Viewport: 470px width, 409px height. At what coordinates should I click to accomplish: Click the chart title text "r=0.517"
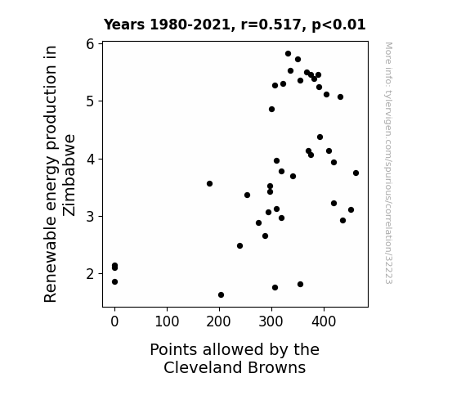click(x=271, y=25)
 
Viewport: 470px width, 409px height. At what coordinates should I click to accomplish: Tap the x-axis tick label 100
click(x=167, y=321)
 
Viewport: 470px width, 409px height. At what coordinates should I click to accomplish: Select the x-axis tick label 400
click(x=324, y=321)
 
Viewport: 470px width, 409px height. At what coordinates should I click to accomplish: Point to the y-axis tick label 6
click(x=90, y=44)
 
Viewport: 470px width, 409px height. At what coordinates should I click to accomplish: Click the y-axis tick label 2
click(x=90, y=274)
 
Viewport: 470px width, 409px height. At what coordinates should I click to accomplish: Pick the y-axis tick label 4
click(x=90, y=159)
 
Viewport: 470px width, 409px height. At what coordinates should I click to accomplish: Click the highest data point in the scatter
click(x=288, y=54)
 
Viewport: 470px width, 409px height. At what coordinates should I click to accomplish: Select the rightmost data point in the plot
click(x=356, y=173)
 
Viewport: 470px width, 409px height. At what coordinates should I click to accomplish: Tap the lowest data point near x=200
click(x=221, y=295)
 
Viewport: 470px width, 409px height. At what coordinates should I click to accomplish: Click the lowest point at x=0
click(x=114, y=281)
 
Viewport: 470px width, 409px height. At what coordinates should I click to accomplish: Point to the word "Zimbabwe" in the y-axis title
click(x=69, y=175)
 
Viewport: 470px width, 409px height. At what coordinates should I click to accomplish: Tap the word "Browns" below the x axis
click(x=277, y=367)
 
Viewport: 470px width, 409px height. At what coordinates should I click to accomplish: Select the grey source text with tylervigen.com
click(x=388, y=163)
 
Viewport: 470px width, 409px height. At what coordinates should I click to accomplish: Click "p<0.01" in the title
click(x=338, y=25)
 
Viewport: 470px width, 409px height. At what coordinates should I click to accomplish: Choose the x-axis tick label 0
click(x=114, y=321)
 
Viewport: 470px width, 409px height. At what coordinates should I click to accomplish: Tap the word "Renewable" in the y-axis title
click(x=50, y=258)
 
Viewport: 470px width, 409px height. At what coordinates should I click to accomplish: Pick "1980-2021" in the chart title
click(x=190, y=25)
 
